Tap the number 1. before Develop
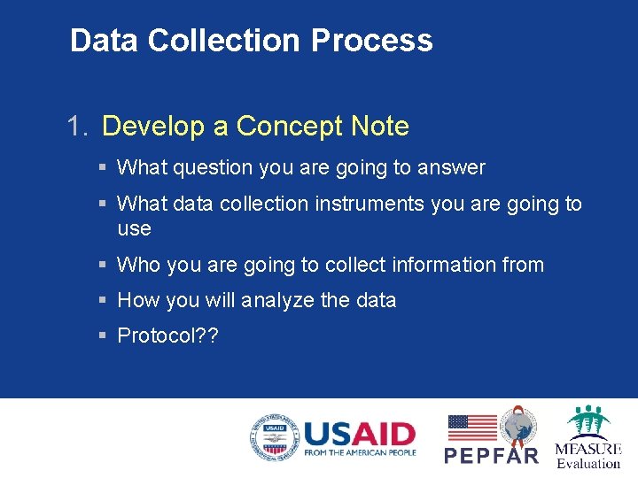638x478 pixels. point(79,127)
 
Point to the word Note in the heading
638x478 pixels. point(379,127)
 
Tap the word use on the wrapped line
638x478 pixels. point(134,229)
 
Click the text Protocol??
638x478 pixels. point(167,336)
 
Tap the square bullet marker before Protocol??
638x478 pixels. point(104,336)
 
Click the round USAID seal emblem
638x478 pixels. point(274,437)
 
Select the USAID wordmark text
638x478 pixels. point(359,433)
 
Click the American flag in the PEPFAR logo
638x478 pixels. point(471,428)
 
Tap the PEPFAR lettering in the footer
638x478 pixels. point(491,455)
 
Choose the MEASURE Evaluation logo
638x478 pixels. point(587,437)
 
